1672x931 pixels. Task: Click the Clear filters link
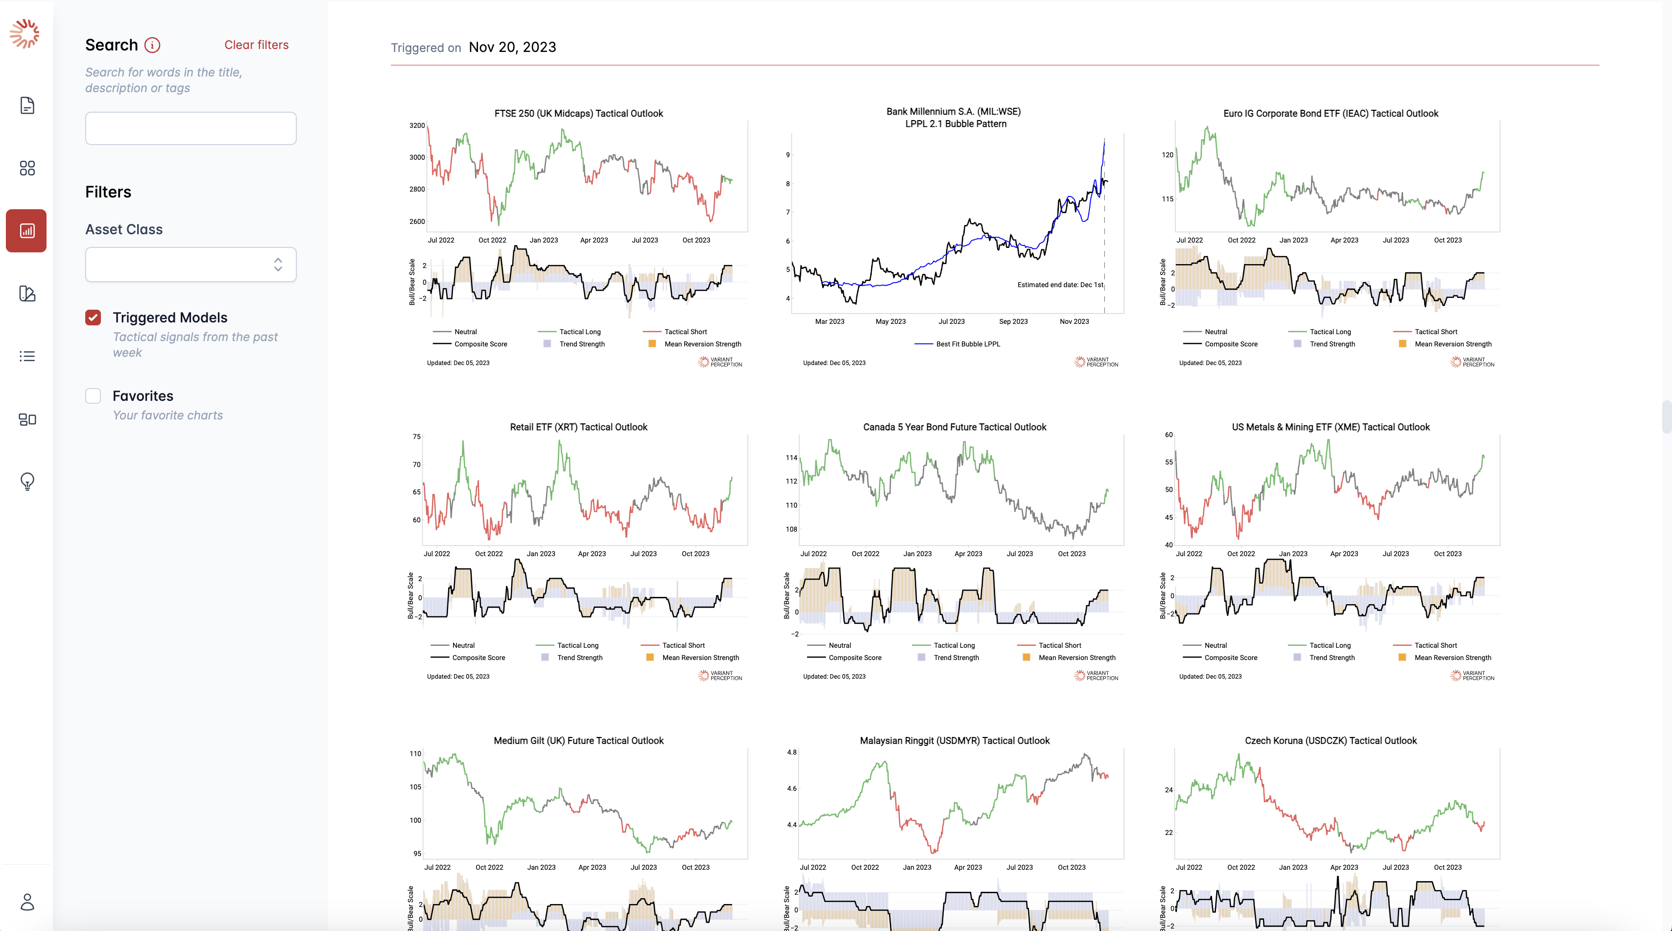[256, 45]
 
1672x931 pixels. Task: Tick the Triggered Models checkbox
[94, 318]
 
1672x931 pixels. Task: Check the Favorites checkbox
[94, 396]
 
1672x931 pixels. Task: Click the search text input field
[191, 128]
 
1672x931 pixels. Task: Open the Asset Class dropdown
[191, 264]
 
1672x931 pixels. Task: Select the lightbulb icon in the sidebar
[27, 481]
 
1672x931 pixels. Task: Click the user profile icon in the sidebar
[27, 902]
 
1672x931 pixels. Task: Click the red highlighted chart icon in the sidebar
[26, 230]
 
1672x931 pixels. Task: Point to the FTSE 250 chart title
[578, 114]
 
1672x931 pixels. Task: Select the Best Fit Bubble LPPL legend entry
[967, 344]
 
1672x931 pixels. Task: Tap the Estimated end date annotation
[1060, 285]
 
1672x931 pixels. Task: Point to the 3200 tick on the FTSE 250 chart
[417, 126]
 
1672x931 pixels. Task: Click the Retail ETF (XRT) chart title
[578, 427]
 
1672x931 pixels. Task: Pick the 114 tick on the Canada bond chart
[791, 458]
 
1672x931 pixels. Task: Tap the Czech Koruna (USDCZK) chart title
[1331, 741]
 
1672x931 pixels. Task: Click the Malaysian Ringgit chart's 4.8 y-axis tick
[791, 753]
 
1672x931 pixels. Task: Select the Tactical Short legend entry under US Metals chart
[1435, 645]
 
